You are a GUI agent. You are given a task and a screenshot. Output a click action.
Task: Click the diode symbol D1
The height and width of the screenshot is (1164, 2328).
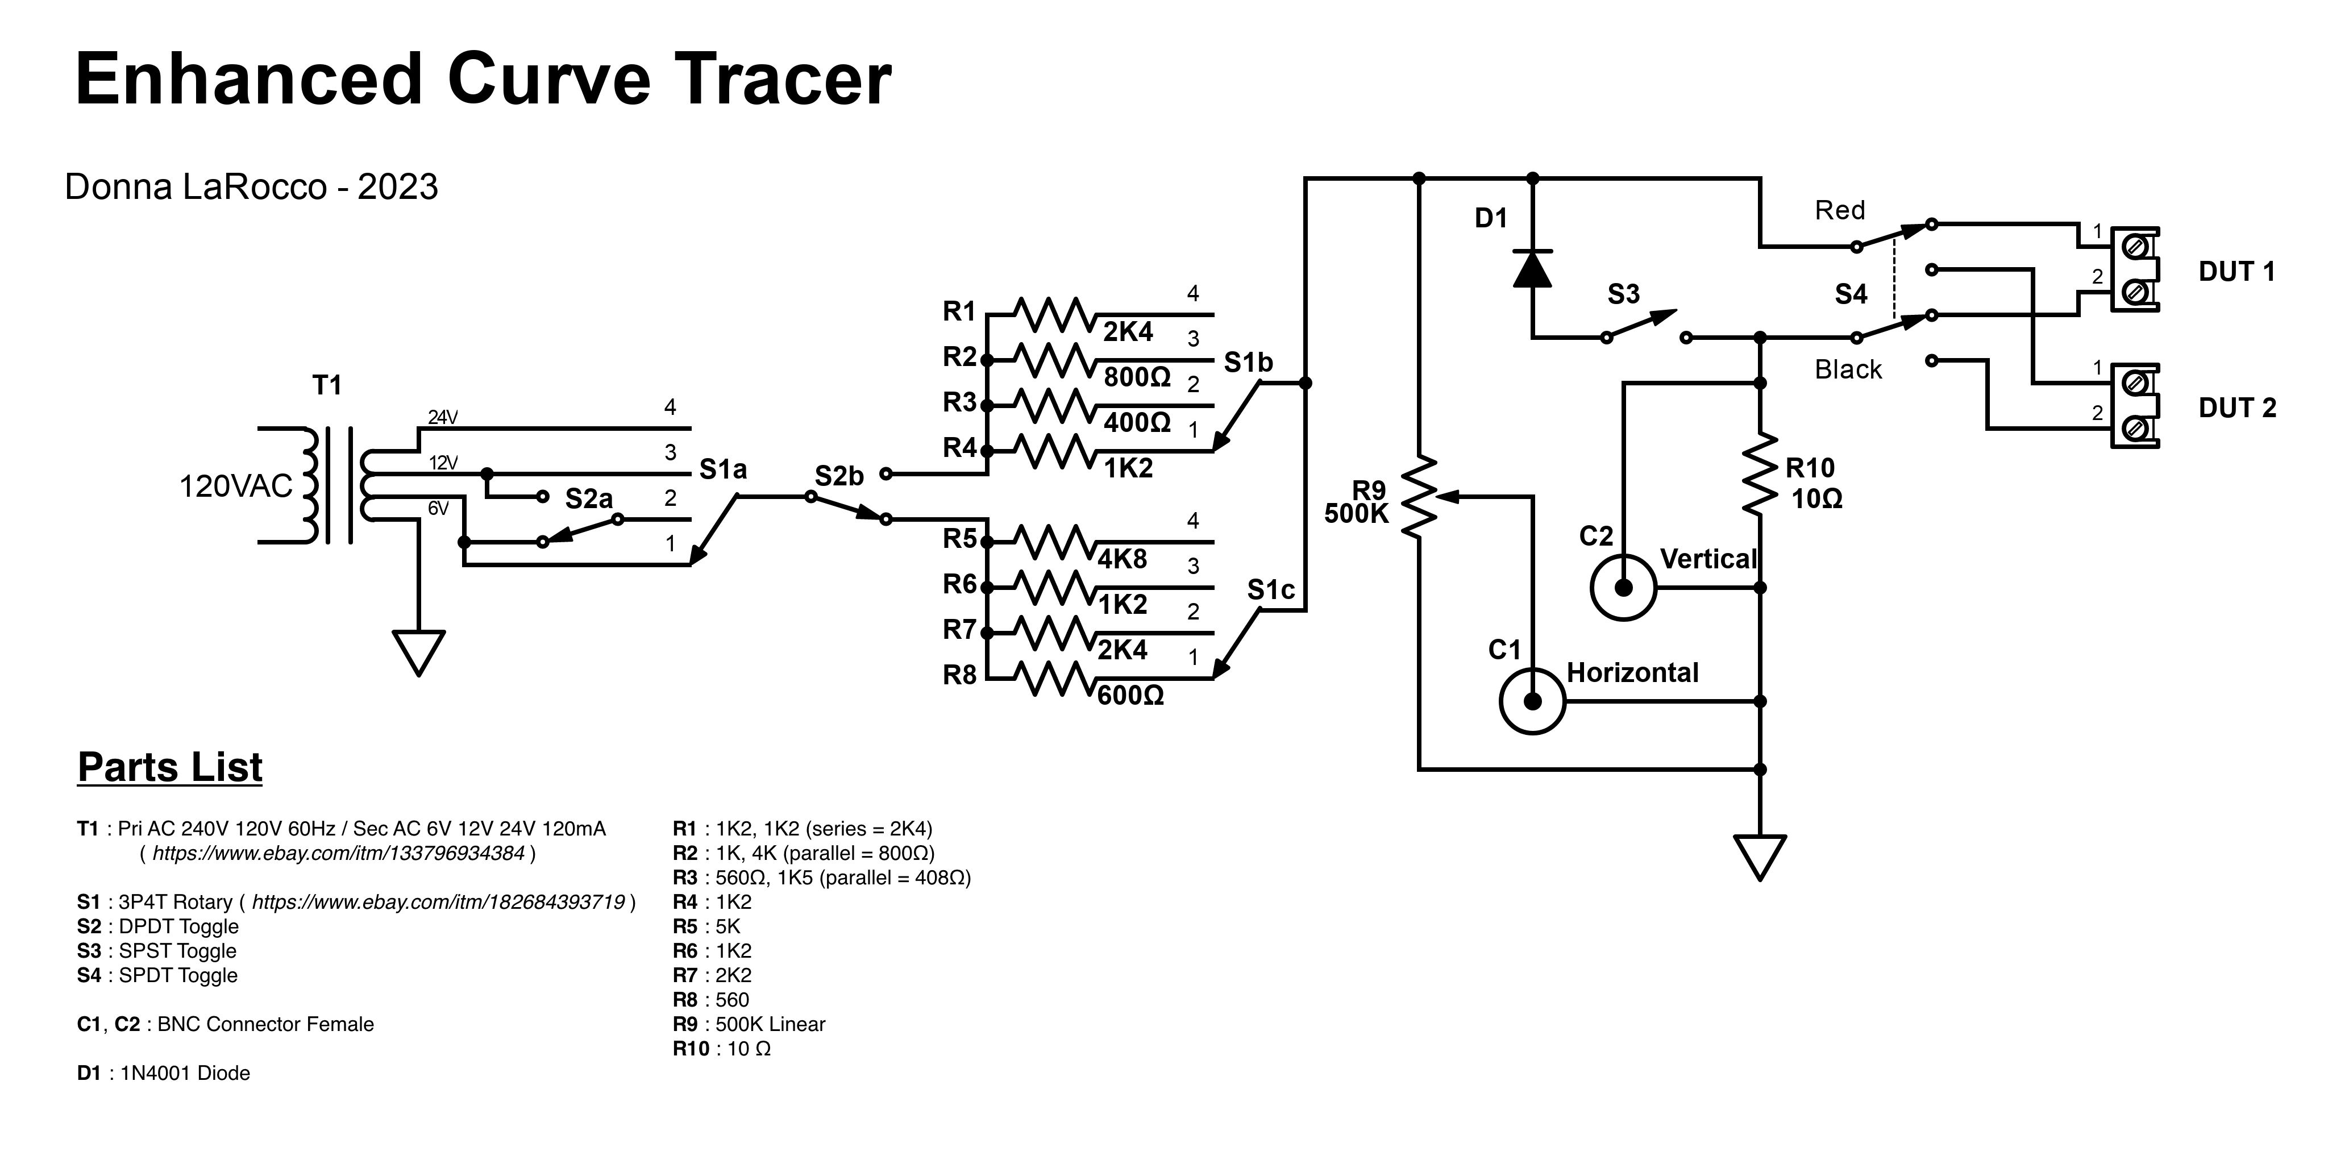1533,268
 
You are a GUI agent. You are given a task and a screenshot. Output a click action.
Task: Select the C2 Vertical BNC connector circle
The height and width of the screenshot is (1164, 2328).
1623,588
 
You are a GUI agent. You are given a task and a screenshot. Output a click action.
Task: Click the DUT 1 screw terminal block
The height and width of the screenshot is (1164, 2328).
2135,269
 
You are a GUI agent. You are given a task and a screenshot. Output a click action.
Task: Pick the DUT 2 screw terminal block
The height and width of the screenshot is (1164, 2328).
2135,406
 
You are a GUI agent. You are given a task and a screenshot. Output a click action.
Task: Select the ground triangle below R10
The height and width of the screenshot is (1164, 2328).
1760,856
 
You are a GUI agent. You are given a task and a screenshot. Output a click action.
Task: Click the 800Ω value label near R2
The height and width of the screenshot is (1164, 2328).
1137,377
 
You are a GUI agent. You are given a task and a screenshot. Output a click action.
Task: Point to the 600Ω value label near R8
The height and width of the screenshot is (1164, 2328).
1130,696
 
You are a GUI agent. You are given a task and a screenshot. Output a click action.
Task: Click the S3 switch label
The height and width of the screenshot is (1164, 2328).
1623,294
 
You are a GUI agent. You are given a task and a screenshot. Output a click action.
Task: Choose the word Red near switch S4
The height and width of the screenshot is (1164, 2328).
1840,210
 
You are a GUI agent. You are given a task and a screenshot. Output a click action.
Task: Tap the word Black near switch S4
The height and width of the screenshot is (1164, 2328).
1848,369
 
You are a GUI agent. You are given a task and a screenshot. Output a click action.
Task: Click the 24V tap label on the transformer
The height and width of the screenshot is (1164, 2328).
443,418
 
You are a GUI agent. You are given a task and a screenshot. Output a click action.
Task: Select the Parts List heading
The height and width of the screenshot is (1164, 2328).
170,767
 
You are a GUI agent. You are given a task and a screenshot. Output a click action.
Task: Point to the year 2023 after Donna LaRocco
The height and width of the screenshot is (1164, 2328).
398,187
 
